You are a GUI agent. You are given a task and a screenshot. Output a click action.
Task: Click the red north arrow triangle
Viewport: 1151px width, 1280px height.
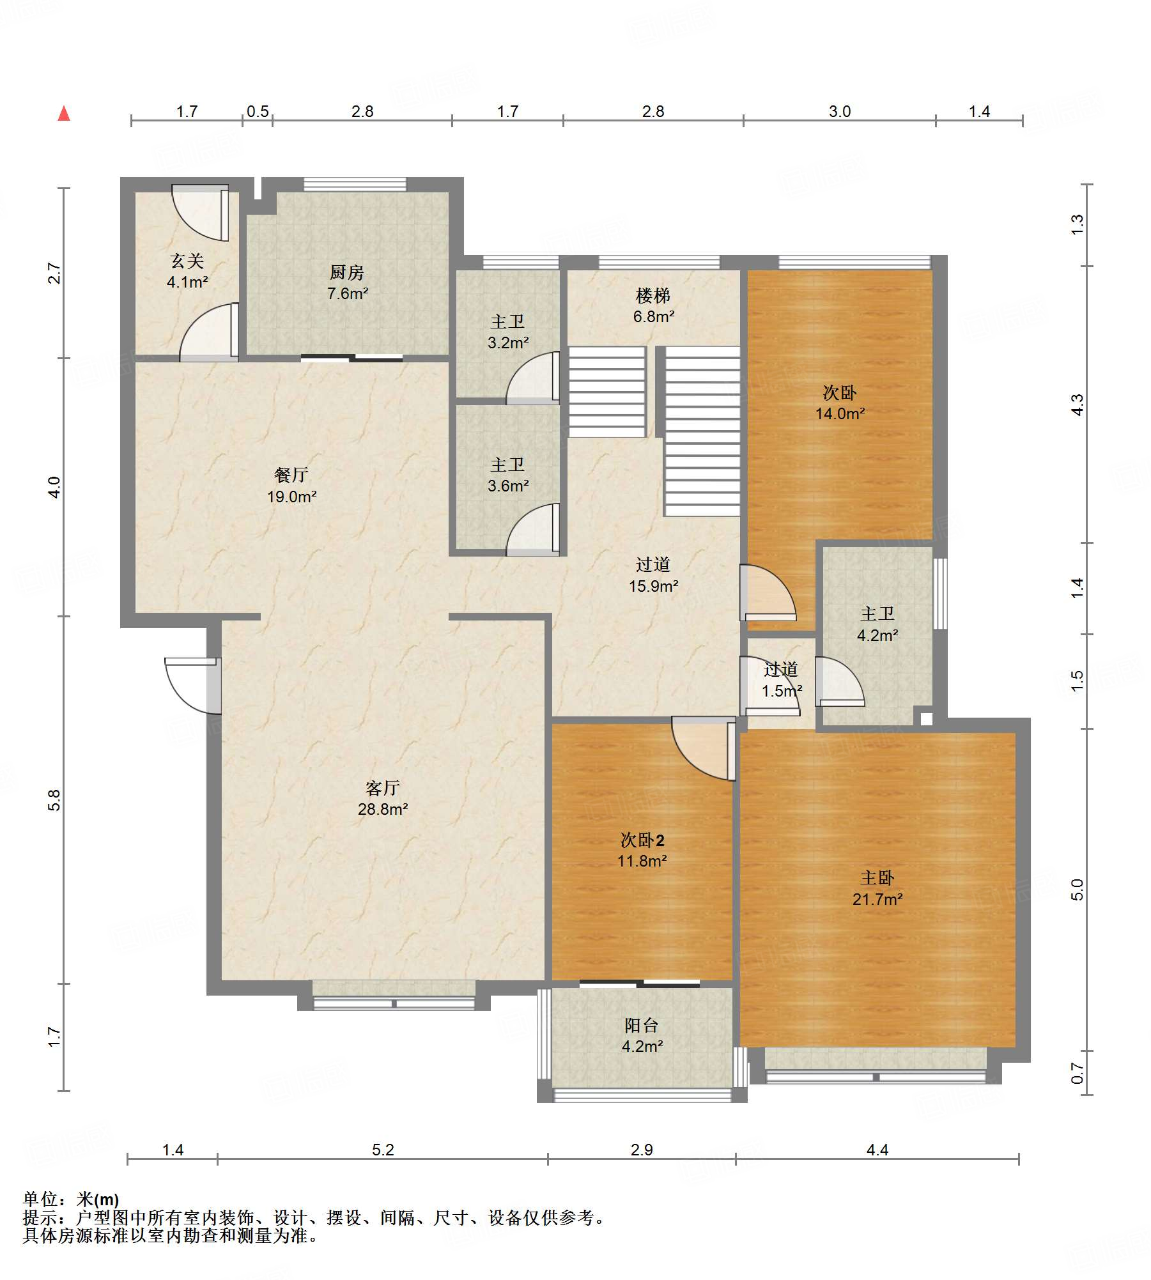point(64,114)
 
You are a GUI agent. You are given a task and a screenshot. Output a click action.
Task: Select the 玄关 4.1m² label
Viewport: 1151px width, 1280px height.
point(187,271)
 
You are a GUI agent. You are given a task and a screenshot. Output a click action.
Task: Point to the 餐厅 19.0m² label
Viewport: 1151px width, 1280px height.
point(291,485)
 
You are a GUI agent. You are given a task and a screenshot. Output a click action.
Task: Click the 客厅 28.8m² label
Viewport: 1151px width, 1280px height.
point(383,798)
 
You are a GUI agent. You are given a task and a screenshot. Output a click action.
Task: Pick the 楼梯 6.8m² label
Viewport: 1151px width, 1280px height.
point(653,305)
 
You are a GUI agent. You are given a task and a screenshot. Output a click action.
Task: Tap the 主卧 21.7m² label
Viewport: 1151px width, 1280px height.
point(877,888)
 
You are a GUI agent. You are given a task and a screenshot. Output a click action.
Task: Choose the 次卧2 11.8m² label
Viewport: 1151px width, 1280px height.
point(642,850)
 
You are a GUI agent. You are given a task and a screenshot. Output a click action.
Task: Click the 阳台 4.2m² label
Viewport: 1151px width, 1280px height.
point(642,1035)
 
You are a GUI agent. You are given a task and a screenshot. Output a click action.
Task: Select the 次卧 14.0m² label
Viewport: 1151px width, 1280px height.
point(840,403)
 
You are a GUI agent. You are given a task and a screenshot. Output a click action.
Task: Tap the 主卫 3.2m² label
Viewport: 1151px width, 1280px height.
point(508,332)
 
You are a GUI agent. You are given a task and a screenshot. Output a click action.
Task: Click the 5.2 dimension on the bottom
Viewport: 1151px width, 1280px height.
point(383,1150)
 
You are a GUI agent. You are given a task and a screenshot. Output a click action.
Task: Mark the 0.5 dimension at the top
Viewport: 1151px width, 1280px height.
point(258,111)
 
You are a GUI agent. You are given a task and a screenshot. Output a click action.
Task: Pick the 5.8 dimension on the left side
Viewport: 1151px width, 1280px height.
point(55,800)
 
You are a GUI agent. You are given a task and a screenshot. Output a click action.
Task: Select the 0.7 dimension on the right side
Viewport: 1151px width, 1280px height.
point(1078,1072)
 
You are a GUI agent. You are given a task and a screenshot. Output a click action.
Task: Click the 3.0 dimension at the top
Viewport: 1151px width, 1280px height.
point(840,111)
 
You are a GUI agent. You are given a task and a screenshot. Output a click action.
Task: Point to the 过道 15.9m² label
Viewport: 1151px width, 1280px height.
point(653,574)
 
